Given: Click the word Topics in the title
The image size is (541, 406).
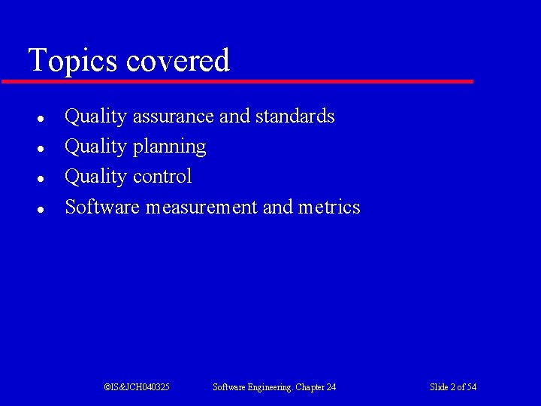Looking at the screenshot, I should coord(74,61).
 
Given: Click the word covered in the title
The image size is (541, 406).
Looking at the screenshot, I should coord(178,61).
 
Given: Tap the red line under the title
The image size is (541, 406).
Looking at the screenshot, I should coord(237,81).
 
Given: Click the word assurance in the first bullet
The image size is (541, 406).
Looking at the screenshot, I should coord(174,117).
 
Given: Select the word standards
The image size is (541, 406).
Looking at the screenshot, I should coord(295,117).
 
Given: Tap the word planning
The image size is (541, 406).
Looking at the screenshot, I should coord(169,147).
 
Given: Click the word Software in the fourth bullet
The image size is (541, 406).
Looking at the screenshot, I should coord(102,207).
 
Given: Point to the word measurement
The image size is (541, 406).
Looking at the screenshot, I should coord(201,207).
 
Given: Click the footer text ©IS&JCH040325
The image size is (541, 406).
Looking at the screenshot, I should coord(137,387).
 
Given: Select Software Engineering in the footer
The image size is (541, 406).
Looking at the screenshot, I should coord(252,387).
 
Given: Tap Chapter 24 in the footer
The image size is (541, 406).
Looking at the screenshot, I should coord(316,387).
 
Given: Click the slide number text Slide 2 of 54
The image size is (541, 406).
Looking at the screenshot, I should coord(453,387).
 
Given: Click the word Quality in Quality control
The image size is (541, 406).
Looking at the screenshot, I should coord(95,177).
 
